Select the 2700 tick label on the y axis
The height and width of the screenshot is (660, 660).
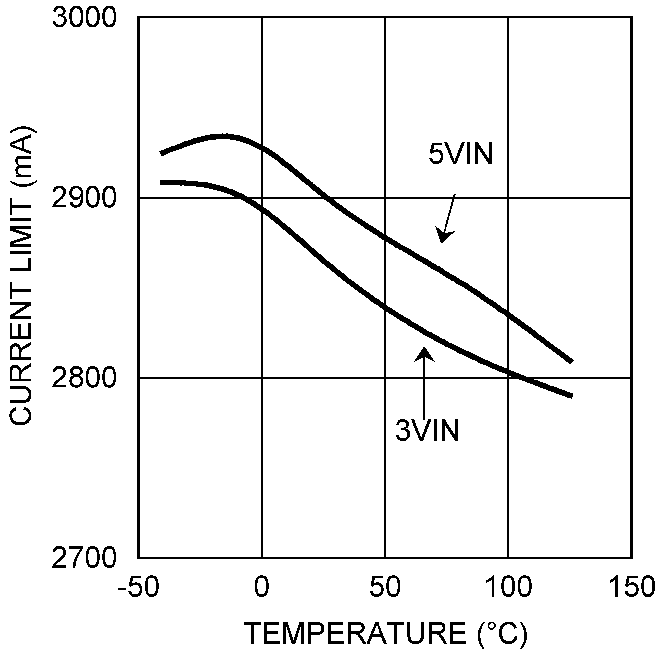84,558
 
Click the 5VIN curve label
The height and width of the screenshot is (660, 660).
460,154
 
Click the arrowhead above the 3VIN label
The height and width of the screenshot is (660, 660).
425,354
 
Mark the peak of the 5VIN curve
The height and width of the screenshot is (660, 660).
224,136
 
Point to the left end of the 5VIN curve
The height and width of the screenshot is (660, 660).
162,153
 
